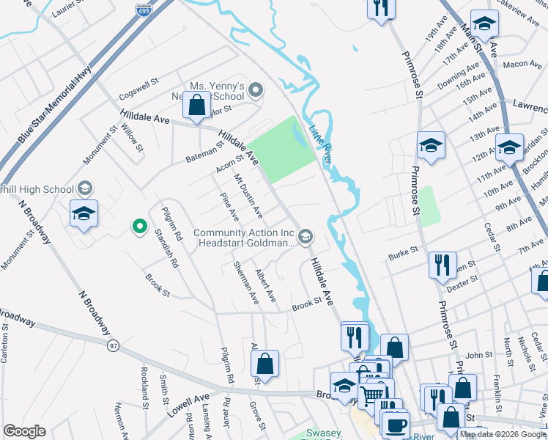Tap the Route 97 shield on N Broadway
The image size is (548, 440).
(x=112, y=345)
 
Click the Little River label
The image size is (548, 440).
(x=321, y=136)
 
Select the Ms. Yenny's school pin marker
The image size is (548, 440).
(x=256, y=91)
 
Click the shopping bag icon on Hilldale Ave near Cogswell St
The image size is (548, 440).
(x=197, y=107)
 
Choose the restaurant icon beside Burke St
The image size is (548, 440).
(x=443, y=265)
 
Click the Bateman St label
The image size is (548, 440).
(x=204, y=150)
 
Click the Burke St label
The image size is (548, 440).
(x=403, y=253)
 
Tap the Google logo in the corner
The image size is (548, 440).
(x=25, y=431)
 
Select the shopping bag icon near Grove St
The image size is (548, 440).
(x=264, y=364)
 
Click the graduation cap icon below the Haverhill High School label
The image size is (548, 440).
(x=84, y=213)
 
